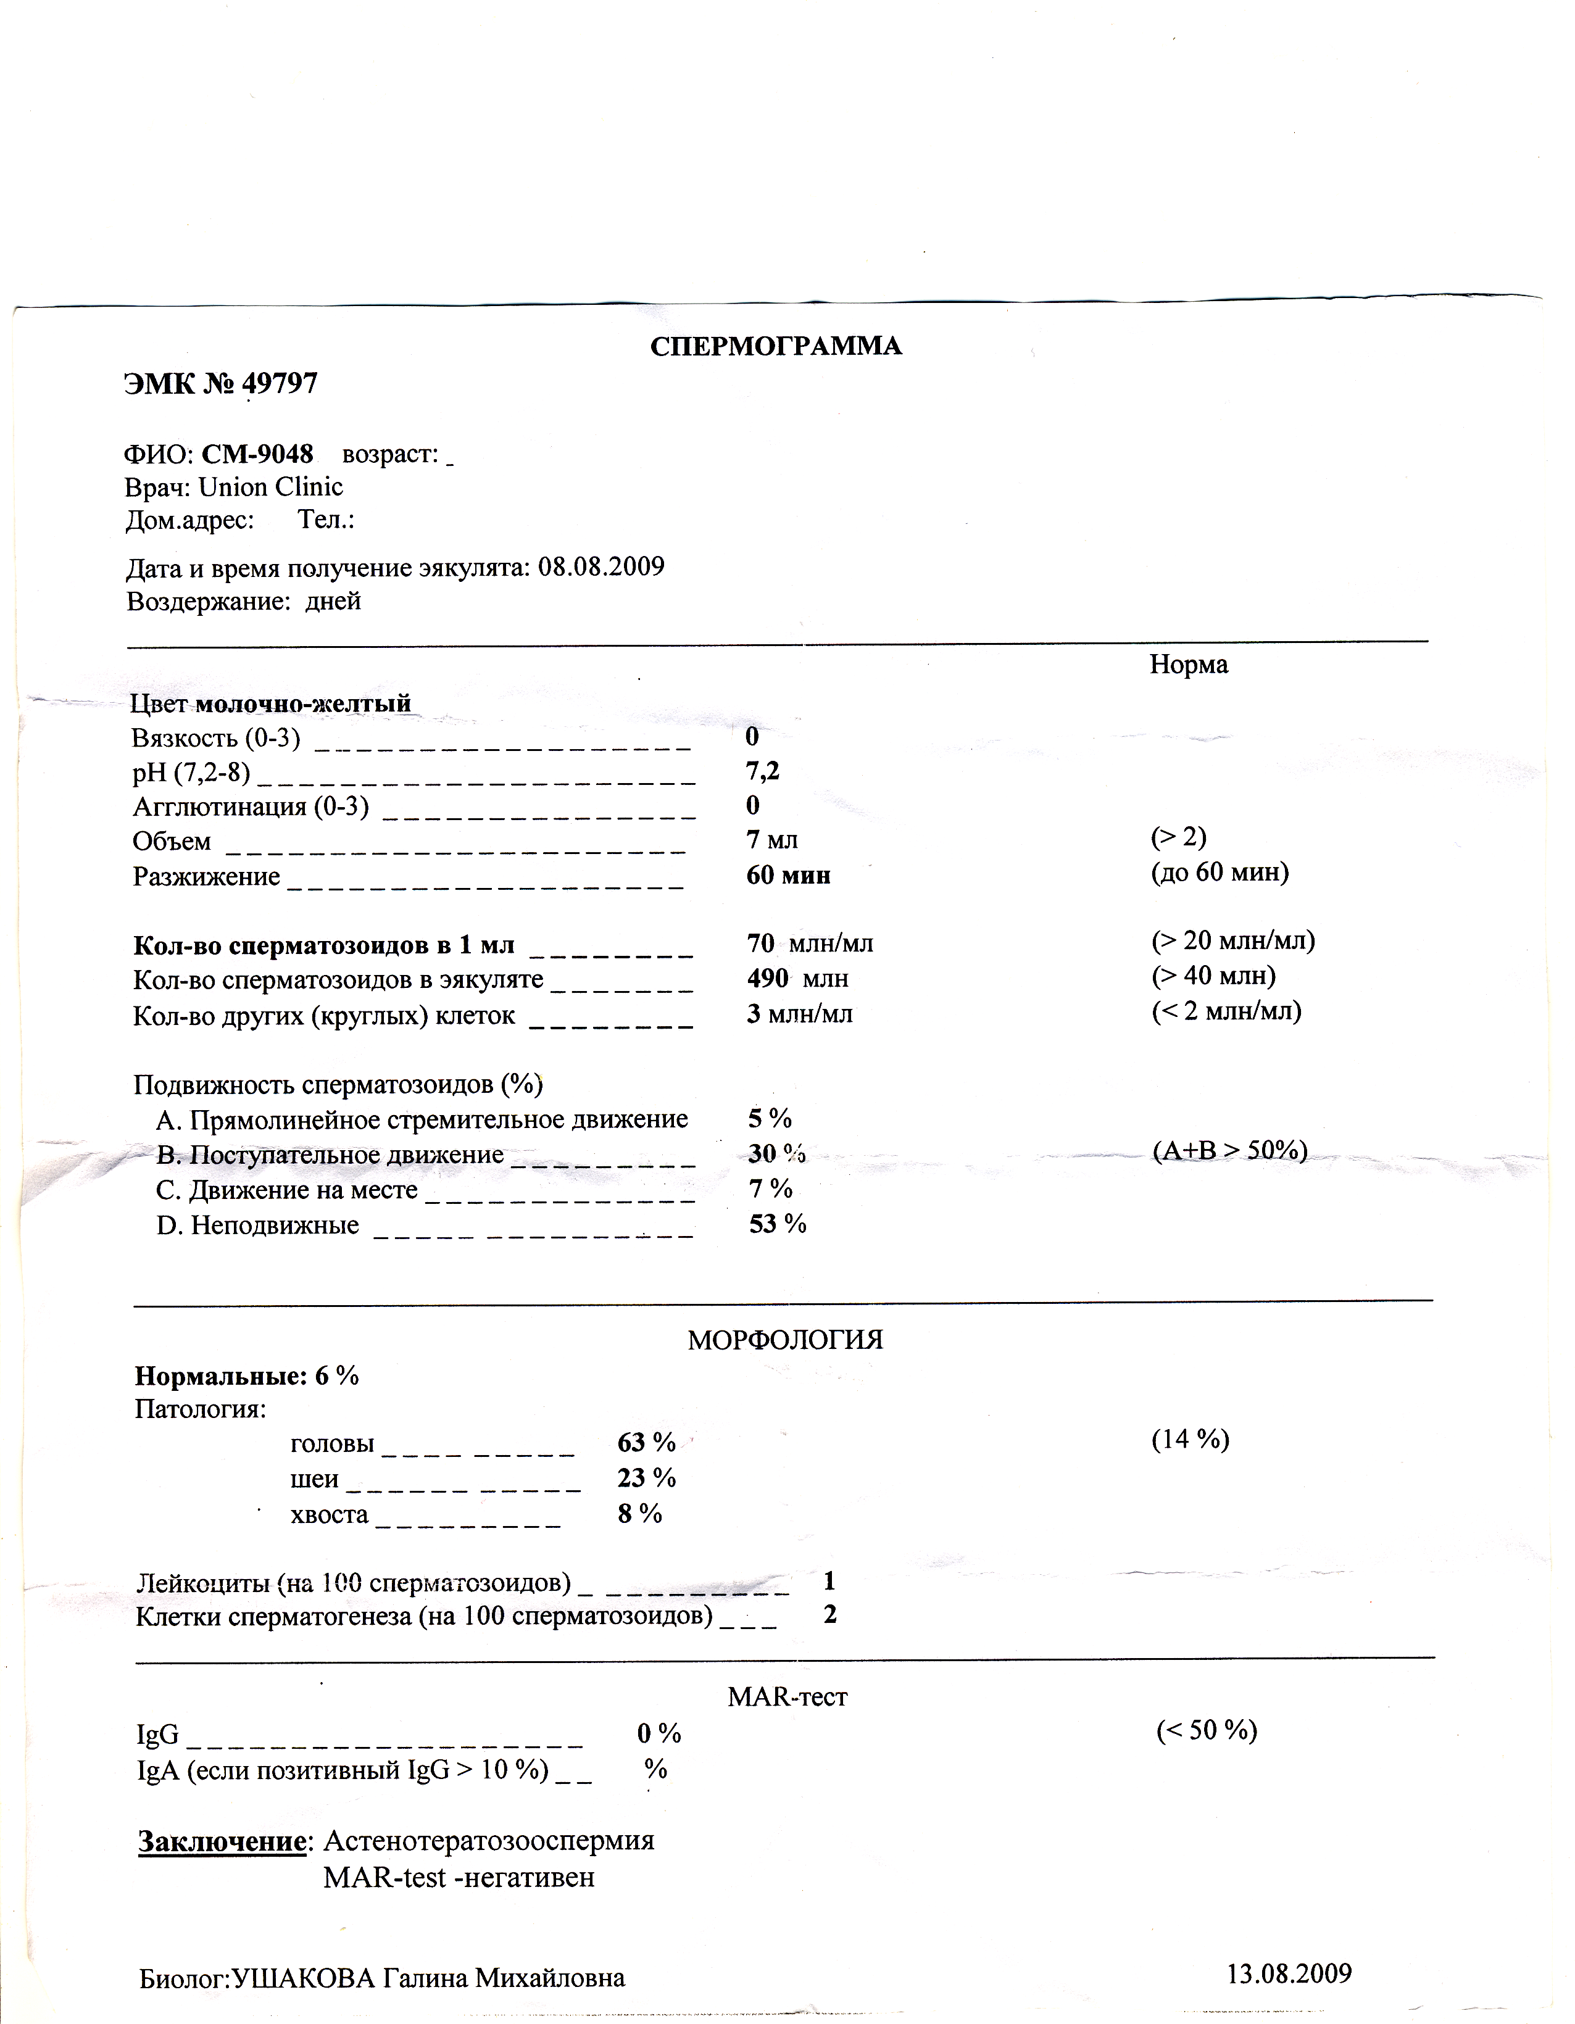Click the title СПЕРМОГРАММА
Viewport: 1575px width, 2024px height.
point(775,347)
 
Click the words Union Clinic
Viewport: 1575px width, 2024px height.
point(271,487)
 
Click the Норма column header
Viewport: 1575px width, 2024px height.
point(1189,665)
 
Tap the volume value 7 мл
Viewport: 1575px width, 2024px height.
point(771,840)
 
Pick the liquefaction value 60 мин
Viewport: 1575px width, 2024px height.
point(788,875)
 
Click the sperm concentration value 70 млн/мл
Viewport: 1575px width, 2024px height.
point(809,944)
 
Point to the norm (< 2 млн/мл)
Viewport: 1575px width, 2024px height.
point(1226,1010)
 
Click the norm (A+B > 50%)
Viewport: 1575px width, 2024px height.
point(1229,1150)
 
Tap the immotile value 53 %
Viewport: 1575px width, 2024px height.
point(778,1224)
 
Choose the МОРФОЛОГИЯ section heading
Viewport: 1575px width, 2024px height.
point(784,1340)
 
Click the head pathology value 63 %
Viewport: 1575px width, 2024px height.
point(646,1442)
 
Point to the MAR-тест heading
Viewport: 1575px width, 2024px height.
point(787,1697)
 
